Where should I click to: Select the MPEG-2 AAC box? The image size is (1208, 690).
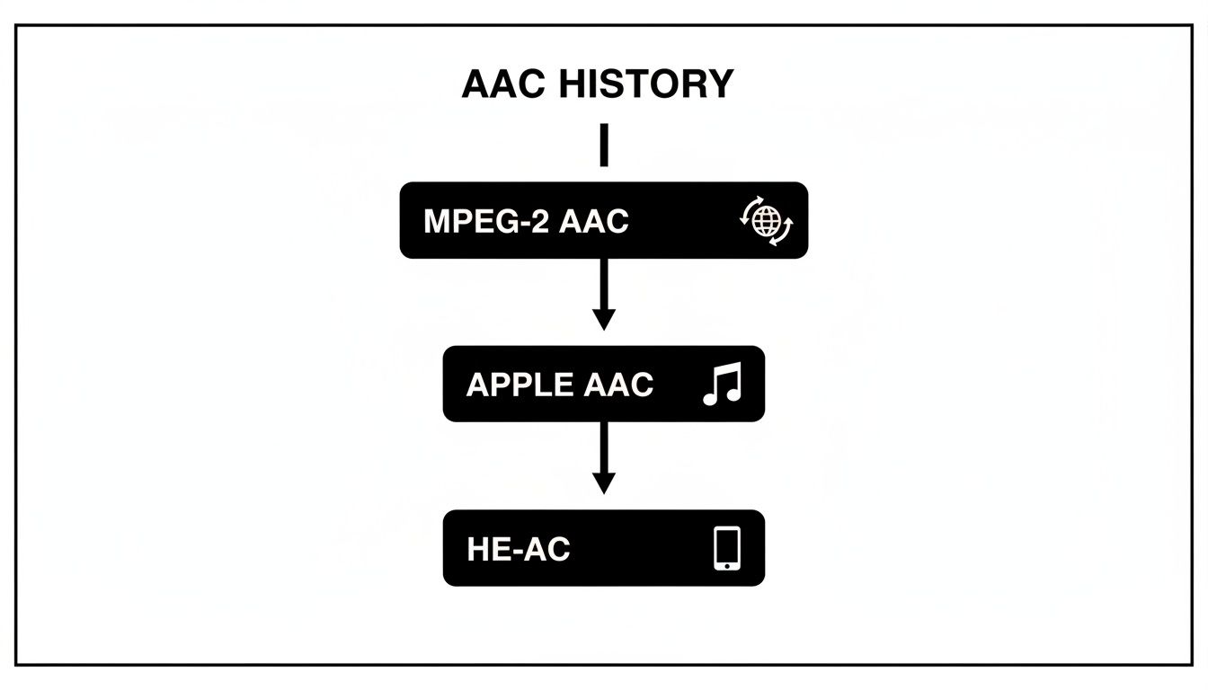pyautogui.click(x=603, y=220)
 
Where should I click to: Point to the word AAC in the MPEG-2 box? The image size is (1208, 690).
pyautogui.click(x=593, y=221)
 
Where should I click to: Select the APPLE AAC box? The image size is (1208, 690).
pyautogui.click(x=603, y=384)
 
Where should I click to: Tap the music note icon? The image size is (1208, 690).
pyautogui.click(x=722, y=385)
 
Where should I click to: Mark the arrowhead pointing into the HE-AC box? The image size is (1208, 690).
pyautogui.click(x=604, y=483)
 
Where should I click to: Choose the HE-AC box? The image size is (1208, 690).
pyautogui.click(x=603, y=548)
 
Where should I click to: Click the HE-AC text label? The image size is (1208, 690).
pyautogui.click(x=519, y=549)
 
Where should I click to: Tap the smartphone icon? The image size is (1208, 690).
pyautogui.click(x=726, y=548)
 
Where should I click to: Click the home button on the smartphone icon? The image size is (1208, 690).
pyautogui.click(x=726, y=565)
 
